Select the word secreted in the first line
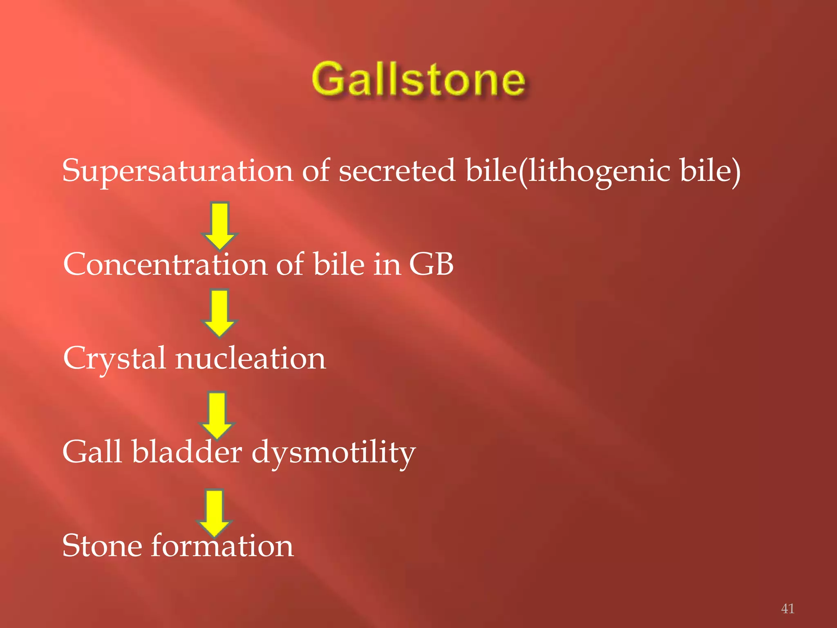point(396,171)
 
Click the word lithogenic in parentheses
point(599,171)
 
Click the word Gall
point(92,452)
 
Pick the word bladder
point(187,452)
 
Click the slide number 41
point(788,608)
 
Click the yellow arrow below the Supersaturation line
point(220,225)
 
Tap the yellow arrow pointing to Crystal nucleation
point(220,313)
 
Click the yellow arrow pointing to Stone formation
point(215,512)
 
